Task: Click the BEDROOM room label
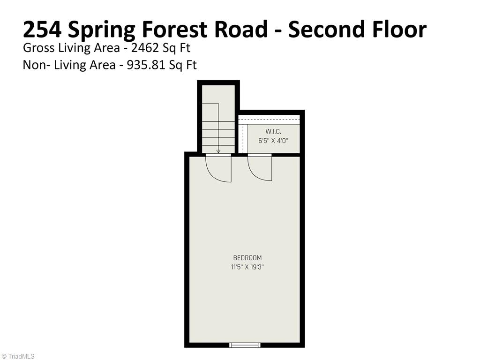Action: [x=247, y=258]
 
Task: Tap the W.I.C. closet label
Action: [x=273, y=132]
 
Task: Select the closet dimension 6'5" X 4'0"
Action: [x=273, y=140]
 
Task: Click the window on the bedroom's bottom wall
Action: [x=245, y=345]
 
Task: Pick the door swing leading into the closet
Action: [x=259, y=168]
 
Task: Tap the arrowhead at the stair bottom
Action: [x=218, y=151]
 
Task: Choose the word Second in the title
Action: [x=328, y=30]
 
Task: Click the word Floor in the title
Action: [x=400, y=30]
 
